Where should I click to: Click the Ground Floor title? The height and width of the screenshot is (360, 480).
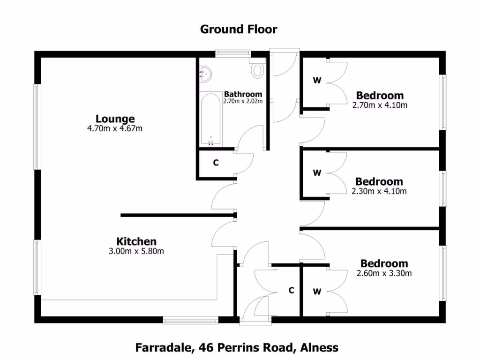(239, 29)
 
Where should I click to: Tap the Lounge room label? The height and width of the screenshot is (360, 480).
(115, 119)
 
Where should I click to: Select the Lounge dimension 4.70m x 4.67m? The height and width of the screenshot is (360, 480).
(115, 128)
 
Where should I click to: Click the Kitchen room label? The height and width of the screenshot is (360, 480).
(136, 242)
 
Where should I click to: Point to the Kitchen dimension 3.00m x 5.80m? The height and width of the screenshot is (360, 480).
(136, 251)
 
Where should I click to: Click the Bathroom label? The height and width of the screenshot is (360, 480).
(243, 94)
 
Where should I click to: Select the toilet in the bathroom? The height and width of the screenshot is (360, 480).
(258, 70)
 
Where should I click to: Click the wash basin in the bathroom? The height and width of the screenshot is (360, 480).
(206, 73)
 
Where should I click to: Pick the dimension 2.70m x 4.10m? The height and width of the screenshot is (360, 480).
(380, 105)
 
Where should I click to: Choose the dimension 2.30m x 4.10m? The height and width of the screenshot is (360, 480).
(379, 191)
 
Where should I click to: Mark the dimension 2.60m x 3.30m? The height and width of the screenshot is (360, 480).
(384, 273)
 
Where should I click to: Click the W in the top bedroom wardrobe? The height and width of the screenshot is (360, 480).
(317, 81)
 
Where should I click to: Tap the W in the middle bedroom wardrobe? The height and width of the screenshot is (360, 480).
(317, 173)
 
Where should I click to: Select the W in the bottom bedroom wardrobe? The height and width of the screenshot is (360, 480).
(317, 292)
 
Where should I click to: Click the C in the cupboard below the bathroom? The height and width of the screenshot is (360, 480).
(216, 163)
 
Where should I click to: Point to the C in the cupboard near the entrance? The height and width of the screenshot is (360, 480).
(291, 291)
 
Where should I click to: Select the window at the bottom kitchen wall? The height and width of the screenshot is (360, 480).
(191, 321)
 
